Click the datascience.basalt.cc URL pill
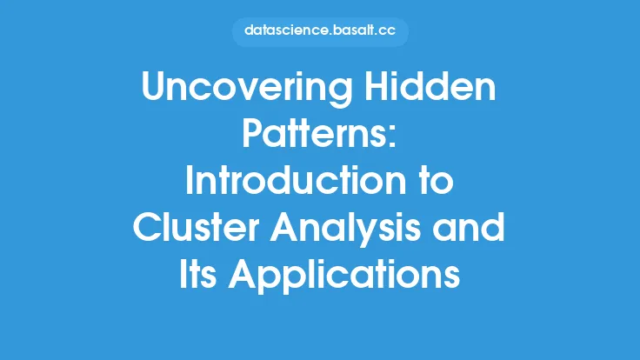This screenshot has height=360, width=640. [320, 31]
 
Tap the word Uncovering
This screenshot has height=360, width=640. [247, 88]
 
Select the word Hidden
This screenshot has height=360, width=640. [430, 86]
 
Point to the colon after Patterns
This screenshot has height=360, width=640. [391, 137]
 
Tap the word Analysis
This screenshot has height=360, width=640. [345, 230]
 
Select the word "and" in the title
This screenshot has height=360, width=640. [469, 227]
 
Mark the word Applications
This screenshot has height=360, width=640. [344, 277]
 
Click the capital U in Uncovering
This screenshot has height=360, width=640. [153, 87]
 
